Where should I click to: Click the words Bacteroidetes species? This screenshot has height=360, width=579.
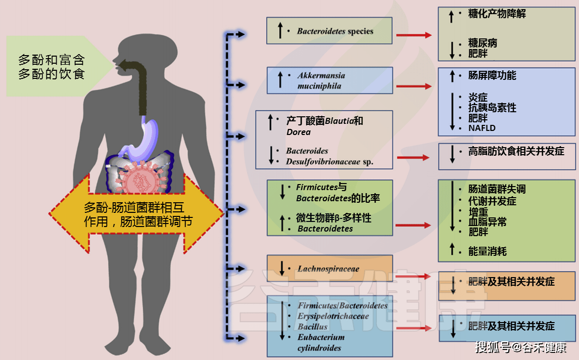pyautogui.click(x=335, y=31)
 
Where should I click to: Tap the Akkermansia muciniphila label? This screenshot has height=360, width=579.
pyautogui.click(x=321, y=80)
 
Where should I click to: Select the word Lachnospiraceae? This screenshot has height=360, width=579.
pyautogui.click(x=328, y=268)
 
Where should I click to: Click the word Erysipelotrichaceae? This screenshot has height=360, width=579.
pyautogui.click(x=333, y=316)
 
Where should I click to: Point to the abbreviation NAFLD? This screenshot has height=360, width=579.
pyautogui.click(x=482, y=128)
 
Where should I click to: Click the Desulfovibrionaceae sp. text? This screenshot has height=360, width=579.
pyautogui.click(x=329, y=161)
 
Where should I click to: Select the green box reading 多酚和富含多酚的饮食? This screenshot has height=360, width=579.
pyautogui.click(x=52, y=66)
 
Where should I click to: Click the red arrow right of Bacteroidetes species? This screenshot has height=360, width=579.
pyautogui.click(x=414, y=35)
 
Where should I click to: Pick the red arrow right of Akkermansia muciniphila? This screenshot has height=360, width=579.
pyautogui.click(x=414, y=86)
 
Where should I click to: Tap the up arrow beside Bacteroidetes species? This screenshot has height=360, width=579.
pyautogui.click(x=280, y=30)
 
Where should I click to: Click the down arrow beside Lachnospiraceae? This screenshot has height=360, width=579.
pyautogui.click(x=282, y=268)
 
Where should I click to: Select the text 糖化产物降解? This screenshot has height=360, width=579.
pyautogui.click(x=497, y=14)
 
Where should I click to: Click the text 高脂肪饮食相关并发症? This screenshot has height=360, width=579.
pyautogui.click(x=516, y=151)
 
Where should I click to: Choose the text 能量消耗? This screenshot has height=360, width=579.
pyautogui.click(x=488, y=251)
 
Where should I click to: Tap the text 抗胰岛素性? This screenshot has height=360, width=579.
pyautogui.click(x=492, y=108)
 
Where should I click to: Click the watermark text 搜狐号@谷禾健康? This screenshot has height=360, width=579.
pyautogui.click(x=521, y=347)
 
